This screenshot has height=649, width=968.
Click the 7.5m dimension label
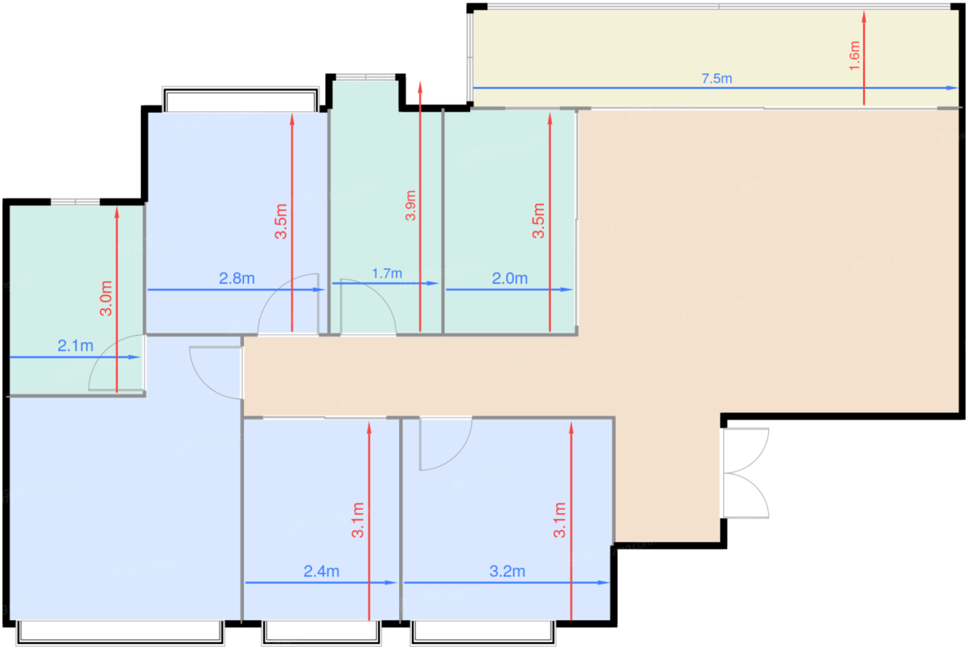click(716, 79)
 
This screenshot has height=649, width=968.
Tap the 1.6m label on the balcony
click(855, 56)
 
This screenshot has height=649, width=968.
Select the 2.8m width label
click(236, 278)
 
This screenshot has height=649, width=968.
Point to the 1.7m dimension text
click(387, 273)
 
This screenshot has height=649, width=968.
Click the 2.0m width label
click(510, 278)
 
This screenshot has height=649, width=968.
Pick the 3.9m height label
click(411, 205)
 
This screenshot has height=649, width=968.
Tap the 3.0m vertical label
click(106, 298)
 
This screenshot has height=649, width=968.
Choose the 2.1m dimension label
click(75, 346)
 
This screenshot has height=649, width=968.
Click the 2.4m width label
click(321, 572)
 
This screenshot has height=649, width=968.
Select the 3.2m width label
click(507, 572)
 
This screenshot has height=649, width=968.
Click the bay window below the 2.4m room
click(322, 634)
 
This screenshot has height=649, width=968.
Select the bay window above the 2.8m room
click(241, 99)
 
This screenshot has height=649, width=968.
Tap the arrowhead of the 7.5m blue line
click(952, 88)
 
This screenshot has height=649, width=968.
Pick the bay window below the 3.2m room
click(483, 634)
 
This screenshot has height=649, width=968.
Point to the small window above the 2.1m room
click(75, 202)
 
